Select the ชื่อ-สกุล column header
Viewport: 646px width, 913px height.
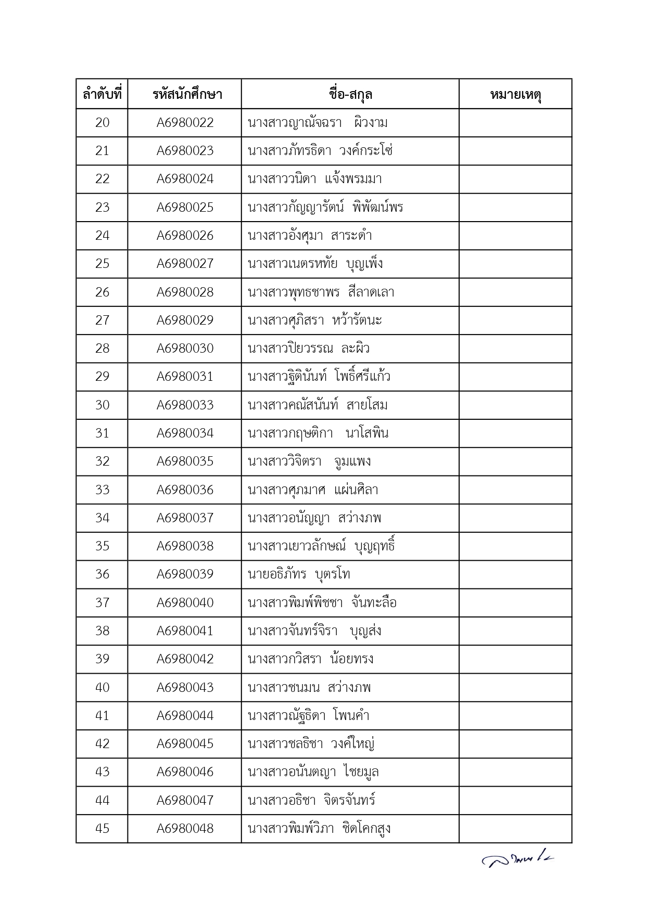[x=350, y=95]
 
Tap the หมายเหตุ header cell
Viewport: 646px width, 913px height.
[x=515, y=95]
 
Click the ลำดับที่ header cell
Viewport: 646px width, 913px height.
[x=102, y=95]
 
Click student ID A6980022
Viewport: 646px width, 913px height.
[x=185, y=123]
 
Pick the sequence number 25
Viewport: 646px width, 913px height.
[x=102, y=264]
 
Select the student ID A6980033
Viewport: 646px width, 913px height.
[x=185, y=405]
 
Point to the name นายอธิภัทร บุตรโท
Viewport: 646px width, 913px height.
[x=299, y=574]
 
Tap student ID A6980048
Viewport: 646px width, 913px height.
[x=185, y=828]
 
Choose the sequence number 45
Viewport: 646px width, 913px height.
[x=102, y=828]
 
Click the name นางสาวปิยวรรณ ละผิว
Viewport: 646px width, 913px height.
[x=309, y=349]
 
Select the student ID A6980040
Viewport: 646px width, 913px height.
[x=185, y=602]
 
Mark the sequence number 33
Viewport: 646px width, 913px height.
[x=102, y=490]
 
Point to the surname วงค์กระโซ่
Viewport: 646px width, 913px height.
[x=365, y=151]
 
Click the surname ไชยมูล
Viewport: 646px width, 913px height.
[x=361, y=772]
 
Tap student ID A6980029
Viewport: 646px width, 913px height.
[x=185, y=320]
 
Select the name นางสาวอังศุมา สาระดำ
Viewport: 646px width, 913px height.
[x=310, y=236]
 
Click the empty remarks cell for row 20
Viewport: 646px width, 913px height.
[x=515, y=123]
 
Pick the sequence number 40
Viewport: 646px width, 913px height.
[x=102, y=687]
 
